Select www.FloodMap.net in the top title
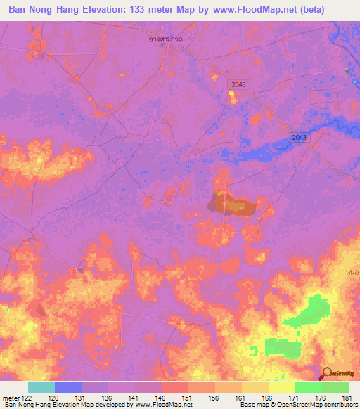[262, 8]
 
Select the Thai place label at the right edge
[354, 271]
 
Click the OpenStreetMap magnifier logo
[326, 374]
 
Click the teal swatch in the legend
[41, 387]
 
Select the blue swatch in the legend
[67, 387]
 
